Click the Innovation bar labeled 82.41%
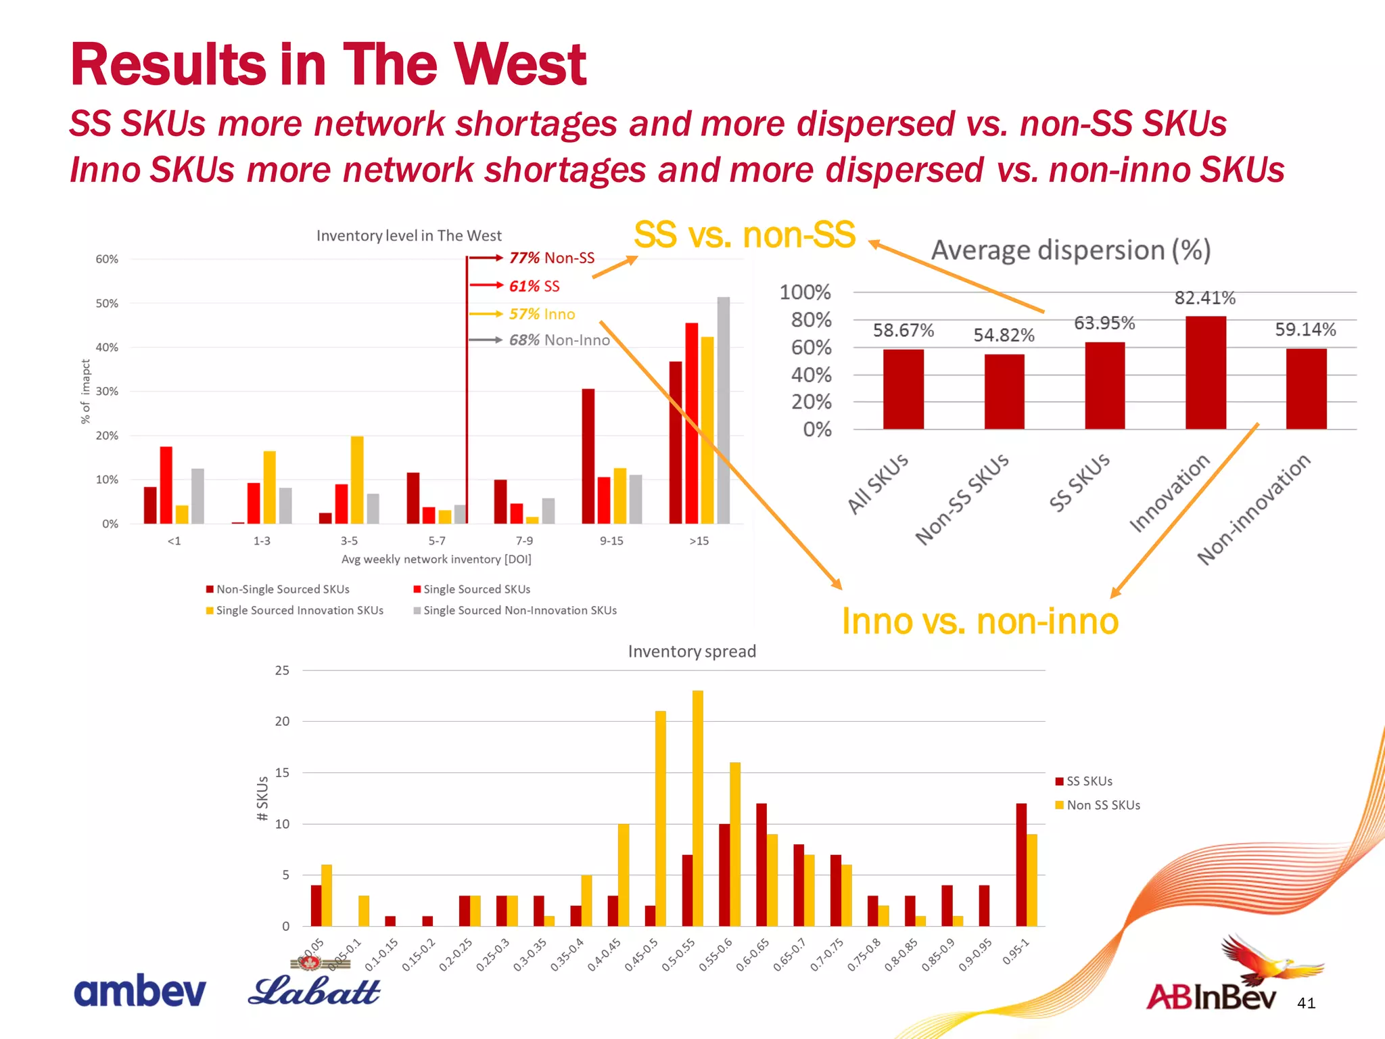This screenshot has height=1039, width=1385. coord(1205,373)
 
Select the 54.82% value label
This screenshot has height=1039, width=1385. coord(1004,335)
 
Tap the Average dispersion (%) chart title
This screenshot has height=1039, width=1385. coord(1071,250)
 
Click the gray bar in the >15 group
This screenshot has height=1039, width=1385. coord(723,410)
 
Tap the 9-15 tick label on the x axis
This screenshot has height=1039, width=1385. coord(611,541)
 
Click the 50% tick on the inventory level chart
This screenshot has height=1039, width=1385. coord(107,304)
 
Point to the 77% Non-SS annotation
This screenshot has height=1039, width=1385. coord(551,258)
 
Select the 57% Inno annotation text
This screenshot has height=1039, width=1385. coord(542,314)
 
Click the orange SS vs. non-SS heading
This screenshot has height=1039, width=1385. coord(745,235)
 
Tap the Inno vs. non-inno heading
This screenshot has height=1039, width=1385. coord(980,621)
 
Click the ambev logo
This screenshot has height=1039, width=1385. coord(140,992)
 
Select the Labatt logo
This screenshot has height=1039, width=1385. coord(314,990)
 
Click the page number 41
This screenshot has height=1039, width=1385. coord(1306,1003)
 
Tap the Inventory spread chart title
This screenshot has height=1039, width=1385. coord(691,651)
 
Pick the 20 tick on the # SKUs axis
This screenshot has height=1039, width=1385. coord(282,721)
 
